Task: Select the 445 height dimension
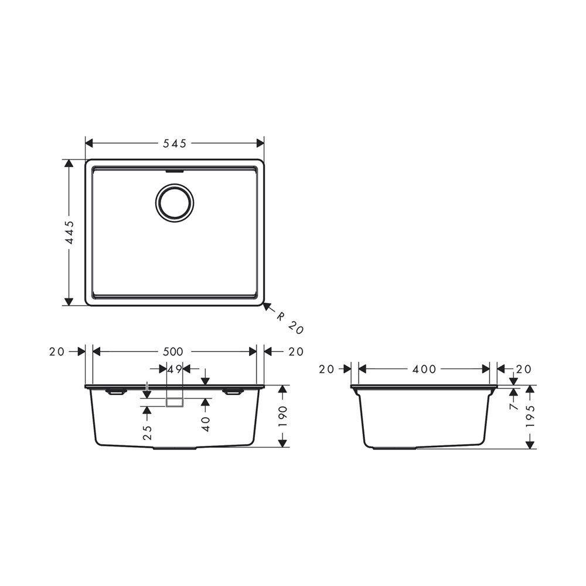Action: [69, 233]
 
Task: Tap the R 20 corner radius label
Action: [291, 323]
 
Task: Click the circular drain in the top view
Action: [173, 203]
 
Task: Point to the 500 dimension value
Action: [173, 352]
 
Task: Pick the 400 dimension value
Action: [424, 369]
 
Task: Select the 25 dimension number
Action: [147, 432]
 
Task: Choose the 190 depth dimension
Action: [283, 416]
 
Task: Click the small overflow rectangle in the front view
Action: [175, 402]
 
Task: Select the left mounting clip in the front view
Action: [114, 391]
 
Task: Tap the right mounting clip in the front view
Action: [233, 391]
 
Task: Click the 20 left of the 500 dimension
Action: [57, 352]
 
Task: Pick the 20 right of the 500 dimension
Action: [296, 352]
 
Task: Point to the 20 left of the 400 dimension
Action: [326, 369]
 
